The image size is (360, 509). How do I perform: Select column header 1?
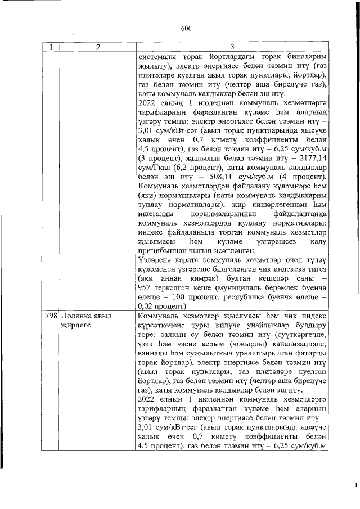(x=51, y=48)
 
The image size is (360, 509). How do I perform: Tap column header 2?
(x=97, y=48)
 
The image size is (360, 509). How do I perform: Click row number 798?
(x=51, y=317)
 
